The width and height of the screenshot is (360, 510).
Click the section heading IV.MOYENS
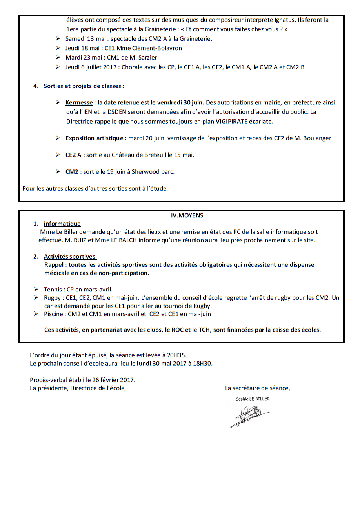pyautogui.click(x=187, y=215)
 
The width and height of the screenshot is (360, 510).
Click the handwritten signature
pyautogui.click(x=249, y=416)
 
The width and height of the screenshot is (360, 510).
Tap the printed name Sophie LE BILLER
pyautogui.click(x=253, y=399)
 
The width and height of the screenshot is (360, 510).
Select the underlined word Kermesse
pyautogui.click(x=79, y=102)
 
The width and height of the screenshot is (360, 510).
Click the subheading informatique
pyautogui.click(x=62, y=224)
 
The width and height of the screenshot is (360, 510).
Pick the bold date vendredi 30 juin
pyautogui.click(x=180, y=102)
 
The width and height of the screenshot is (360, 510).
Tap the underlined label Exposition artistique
pyautogui.click(x=95, y=138)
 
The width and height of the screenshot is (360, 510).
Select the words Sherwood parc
pyautogui.click(x=155, y=171)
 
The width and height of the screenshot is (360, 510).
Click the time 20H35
pyautogui.click(x=178, y=355)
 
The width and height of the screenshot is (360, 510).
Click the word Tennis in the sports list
pyautogui.click(x=53, y=290)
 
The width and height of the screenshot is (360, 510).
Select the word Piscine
pyautogui.click(x=54, y=314)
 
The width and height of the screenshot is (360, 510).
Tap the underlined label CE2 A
pyautogui.click(x=73, y=155)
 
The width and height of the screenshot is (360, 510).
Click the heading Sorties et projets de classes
pyautogui.click(x=84, y=86)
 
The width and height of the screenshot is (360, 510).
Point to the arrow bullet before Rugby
pyautogui.click(x=36, y=298)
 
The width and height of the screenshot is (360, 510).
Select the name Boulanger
pyautogui.click(x=316, y=138)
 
